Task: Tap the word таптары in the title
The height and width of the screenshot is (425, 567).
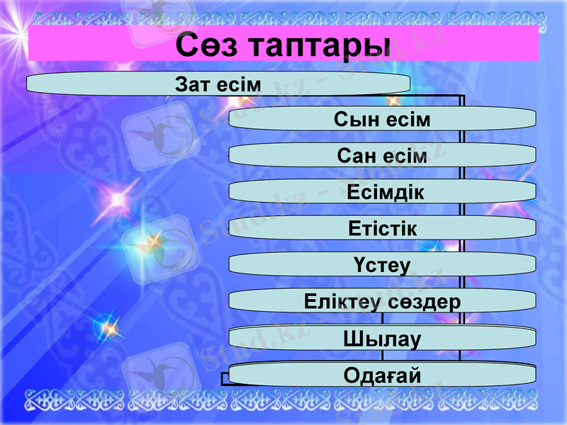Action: pos(320,45)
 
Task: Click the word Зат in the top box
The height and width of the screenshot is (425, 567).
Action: pos(190,84)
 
